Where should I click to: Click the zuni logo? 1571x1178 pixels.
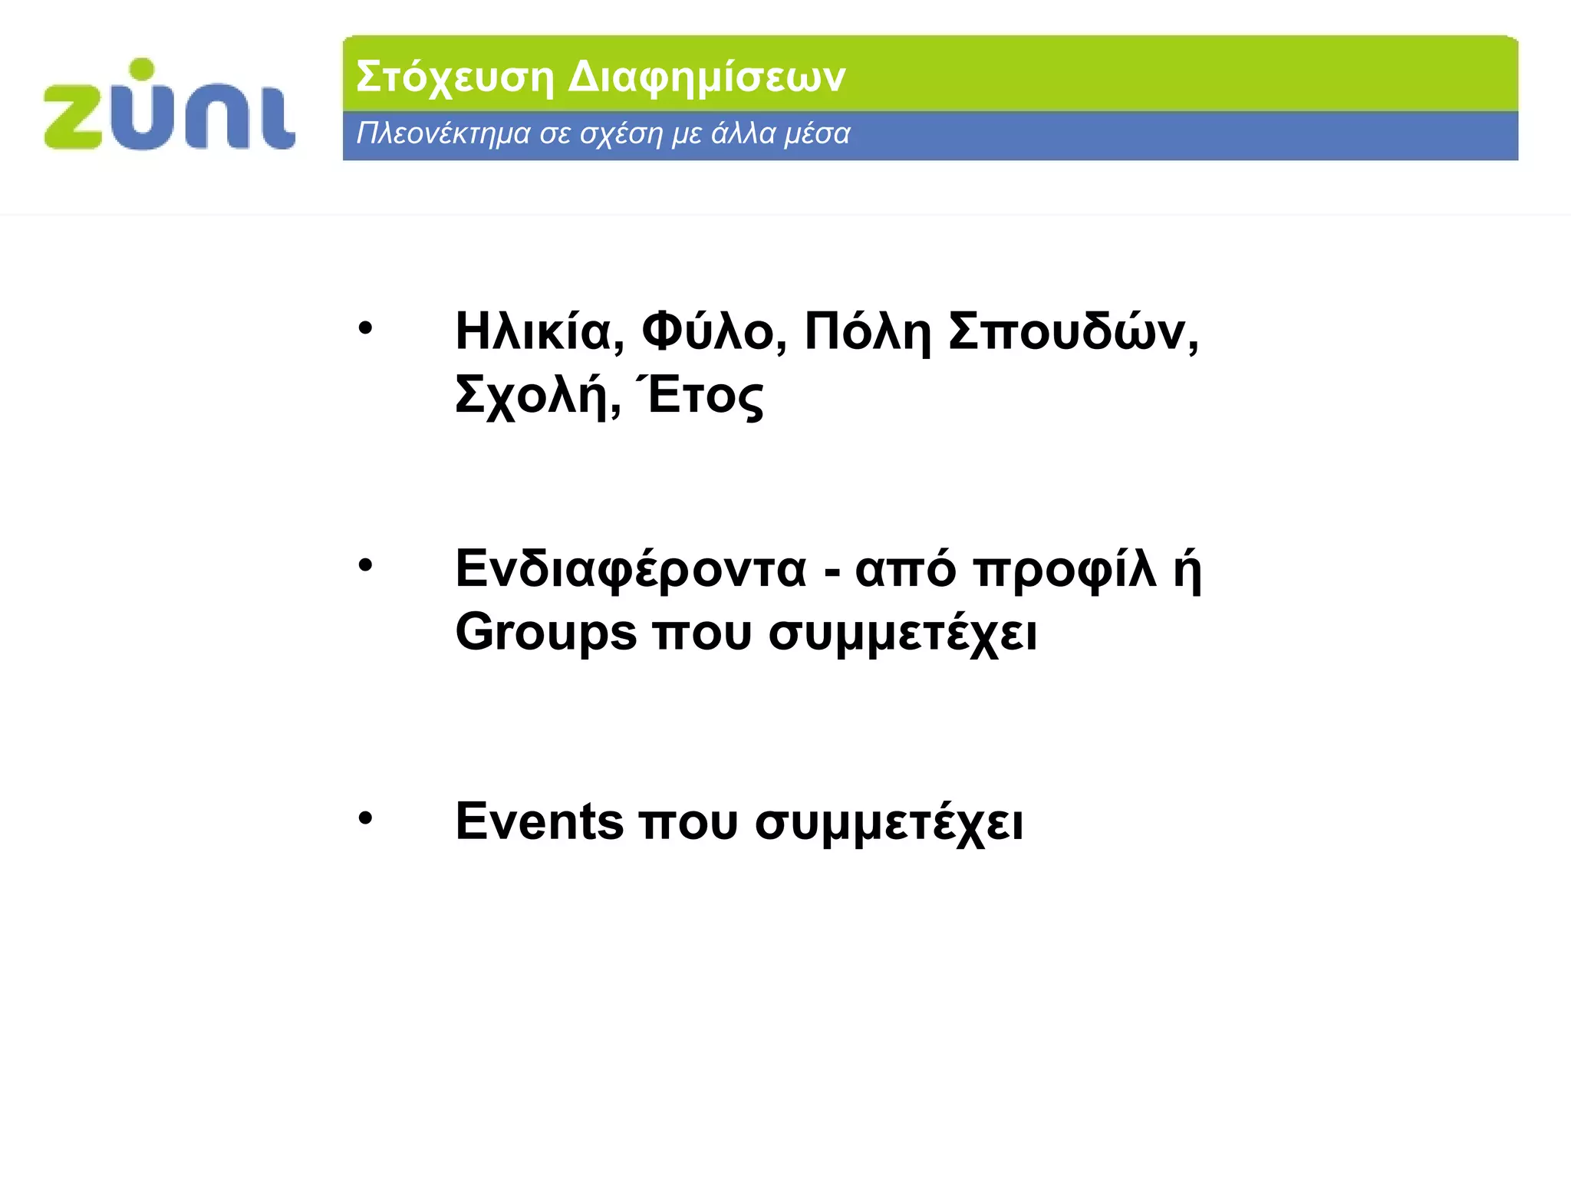coord(170,105)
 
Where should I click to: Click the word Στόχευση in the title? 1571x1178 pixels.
coord(454,77)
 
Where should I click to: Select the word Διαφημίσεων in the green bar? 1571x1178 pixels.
coord(706,77)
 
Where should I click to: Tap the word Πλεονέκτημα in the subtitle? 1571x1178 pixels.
coord(443,134)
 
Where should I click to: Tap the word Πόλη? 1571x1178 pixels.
coord(867,332)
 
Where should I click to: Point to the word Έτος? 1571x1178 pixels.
coord(700,397)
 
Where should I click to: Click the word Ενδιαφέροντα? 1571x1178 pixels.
coord(631,570)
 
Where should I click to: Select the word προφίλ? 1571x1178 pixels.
coord(1064,570)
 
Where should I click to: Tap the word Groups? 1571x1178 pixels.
coord(545,633)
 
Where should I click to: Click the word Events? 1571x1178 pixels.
coord(539,821)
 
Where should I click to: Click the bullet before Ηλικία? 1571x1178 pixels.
coord(365,329)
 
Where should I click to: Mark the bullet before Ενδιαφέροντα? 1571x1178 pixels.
coord(365,566)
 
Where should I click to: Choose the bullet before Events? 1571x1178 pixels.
coord(365,818)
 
